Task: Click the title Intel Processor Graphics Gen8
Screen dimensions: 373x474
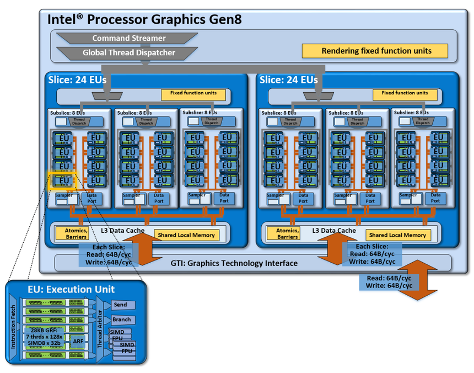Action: (x=144, y=19)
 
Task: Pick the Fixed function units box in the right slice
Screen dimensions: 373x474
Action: (x=405, y=93)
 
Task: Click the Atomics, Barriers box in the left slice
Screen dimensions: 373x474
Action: (x=72, y=234)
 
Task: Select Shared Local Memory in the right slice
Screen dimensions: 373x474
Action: (x=397, y=235)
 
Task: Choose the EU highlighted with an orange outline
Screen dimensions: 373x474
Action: (x=64, y=180)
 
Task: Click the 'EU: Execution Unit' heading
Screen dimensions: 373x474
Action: (x=71, y=289)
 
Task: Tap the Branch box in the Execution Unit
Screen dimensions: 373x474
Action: (x=122, y=319)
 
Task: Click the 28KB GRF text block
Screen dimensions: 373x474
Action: (x=45, y=337)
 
